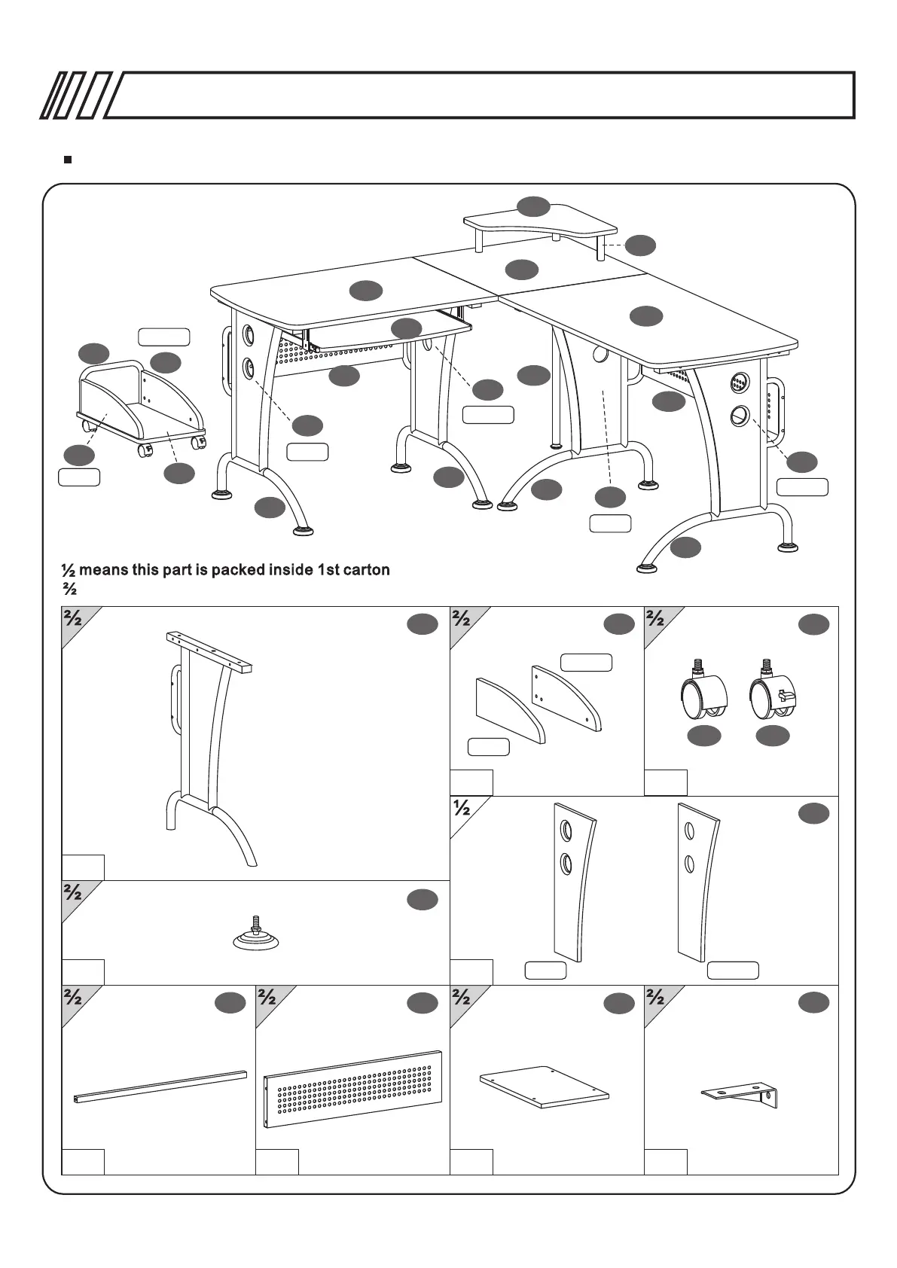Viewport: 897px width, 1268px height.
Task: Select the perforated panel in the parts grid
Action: click(352, 1089)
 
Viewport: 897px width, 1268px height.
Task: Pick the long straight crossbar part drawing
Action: click(160, 1087)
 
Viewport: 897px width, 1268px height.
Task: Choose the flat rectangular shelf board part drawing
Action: click(545, 1087)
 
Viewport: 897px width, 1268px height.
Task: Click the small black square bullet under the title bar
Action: click(68, 160)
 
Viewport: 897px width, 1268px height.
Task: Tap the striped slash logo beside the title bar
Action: click(75, 96)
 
